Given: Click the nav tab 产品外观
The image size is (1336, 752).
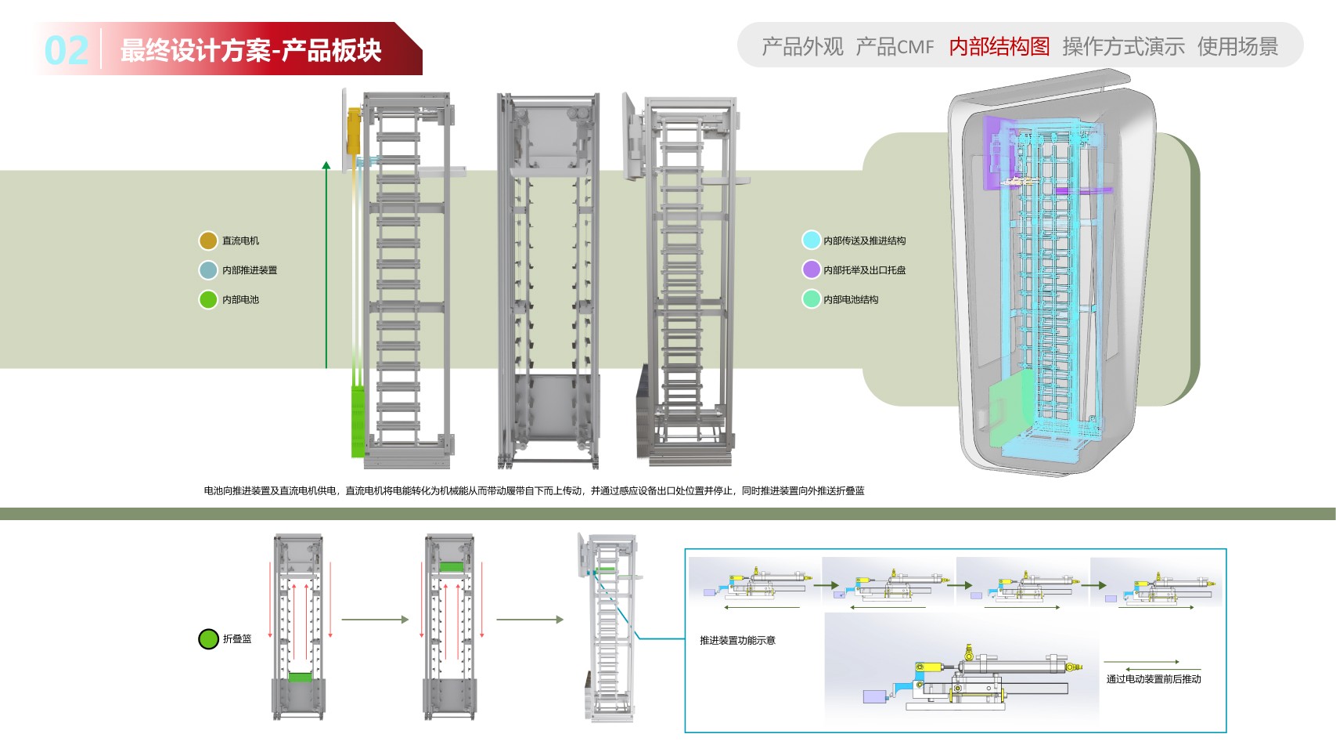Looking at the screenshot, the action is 802,46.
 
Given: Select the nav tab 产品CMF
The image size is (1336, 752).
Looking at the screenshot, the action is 895,46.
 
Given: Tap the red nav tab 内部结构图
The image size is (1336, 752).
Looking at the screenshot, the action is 999,46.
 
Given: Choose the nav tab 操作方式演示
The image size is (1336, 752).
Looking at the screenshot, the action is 1123,46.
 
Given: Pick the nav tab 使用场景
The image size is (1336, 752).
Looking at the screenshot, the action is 1237,46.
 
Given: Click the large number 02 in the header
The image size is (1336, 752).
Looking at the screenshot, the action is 67,51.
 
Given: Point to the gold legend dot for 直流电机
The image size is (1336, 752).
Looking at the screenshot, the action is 208,240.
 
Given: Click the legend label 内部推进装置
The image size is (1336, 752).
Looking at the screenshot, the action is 250,270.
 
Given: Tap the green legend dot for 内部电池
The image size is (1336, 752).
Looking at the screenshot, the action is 208,299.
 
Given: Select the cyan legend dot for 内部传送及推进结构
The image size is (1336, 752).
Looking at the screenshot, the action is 811,240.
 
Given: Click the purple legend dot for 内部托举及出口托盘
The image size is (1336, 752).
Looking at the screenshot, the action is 811,269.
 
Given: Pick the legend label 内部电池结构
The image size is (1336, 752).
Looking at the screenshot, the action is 851,299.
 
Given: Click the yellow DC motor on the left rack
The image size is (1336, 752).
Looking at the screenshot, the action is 355,130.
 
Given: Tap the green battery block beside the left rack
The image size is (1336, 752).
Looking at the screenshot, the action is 358,421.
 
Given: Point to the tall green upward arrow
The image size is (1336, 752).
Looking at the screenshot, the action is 326,265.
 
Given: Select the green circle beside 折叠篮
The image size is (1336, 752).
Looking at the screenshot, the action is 208,638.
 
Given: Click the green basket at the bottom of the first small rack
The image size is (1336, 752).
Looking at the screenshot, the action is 300,678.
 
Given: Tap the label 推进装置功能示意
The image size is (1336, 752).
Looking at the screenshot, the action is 737,641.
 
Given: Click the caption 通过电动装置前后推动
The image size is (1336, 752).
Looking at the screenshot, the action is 1154,679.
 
